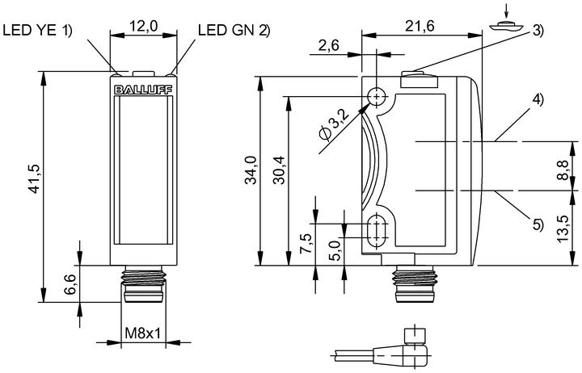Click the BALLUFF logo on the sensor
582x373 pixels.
click(143, 90)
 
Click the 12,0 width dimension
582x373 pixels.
click(143, 26)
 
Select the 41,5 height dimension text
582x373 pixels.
click(34, 178)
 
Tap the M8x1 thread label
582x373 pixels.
click(143, 333)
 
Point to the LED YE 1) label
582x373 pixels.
click(37, 30)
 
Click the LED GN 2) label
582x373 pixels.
click(234, 30)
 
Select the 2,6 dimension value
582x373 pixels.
click(328, 45)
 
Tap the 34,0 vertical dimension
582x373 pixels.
click(251, 170)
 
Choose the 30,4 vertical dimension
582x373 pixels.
click(279, 170)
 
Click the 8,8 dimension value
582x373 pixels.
click(563, 170)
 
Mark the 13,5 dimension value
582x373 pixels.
click(563, 228)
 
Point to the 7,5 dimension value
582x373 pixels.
click(306, 243)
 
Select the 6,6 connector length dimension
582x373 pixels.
click(70, 284)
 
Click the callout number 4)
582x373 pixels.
click(538, 99)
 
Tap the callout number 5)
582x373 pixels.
click(538, 224)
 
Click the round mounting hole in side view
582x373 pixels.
click(377, 97)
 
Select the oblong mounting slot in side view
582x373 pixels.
click(377, 229)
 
